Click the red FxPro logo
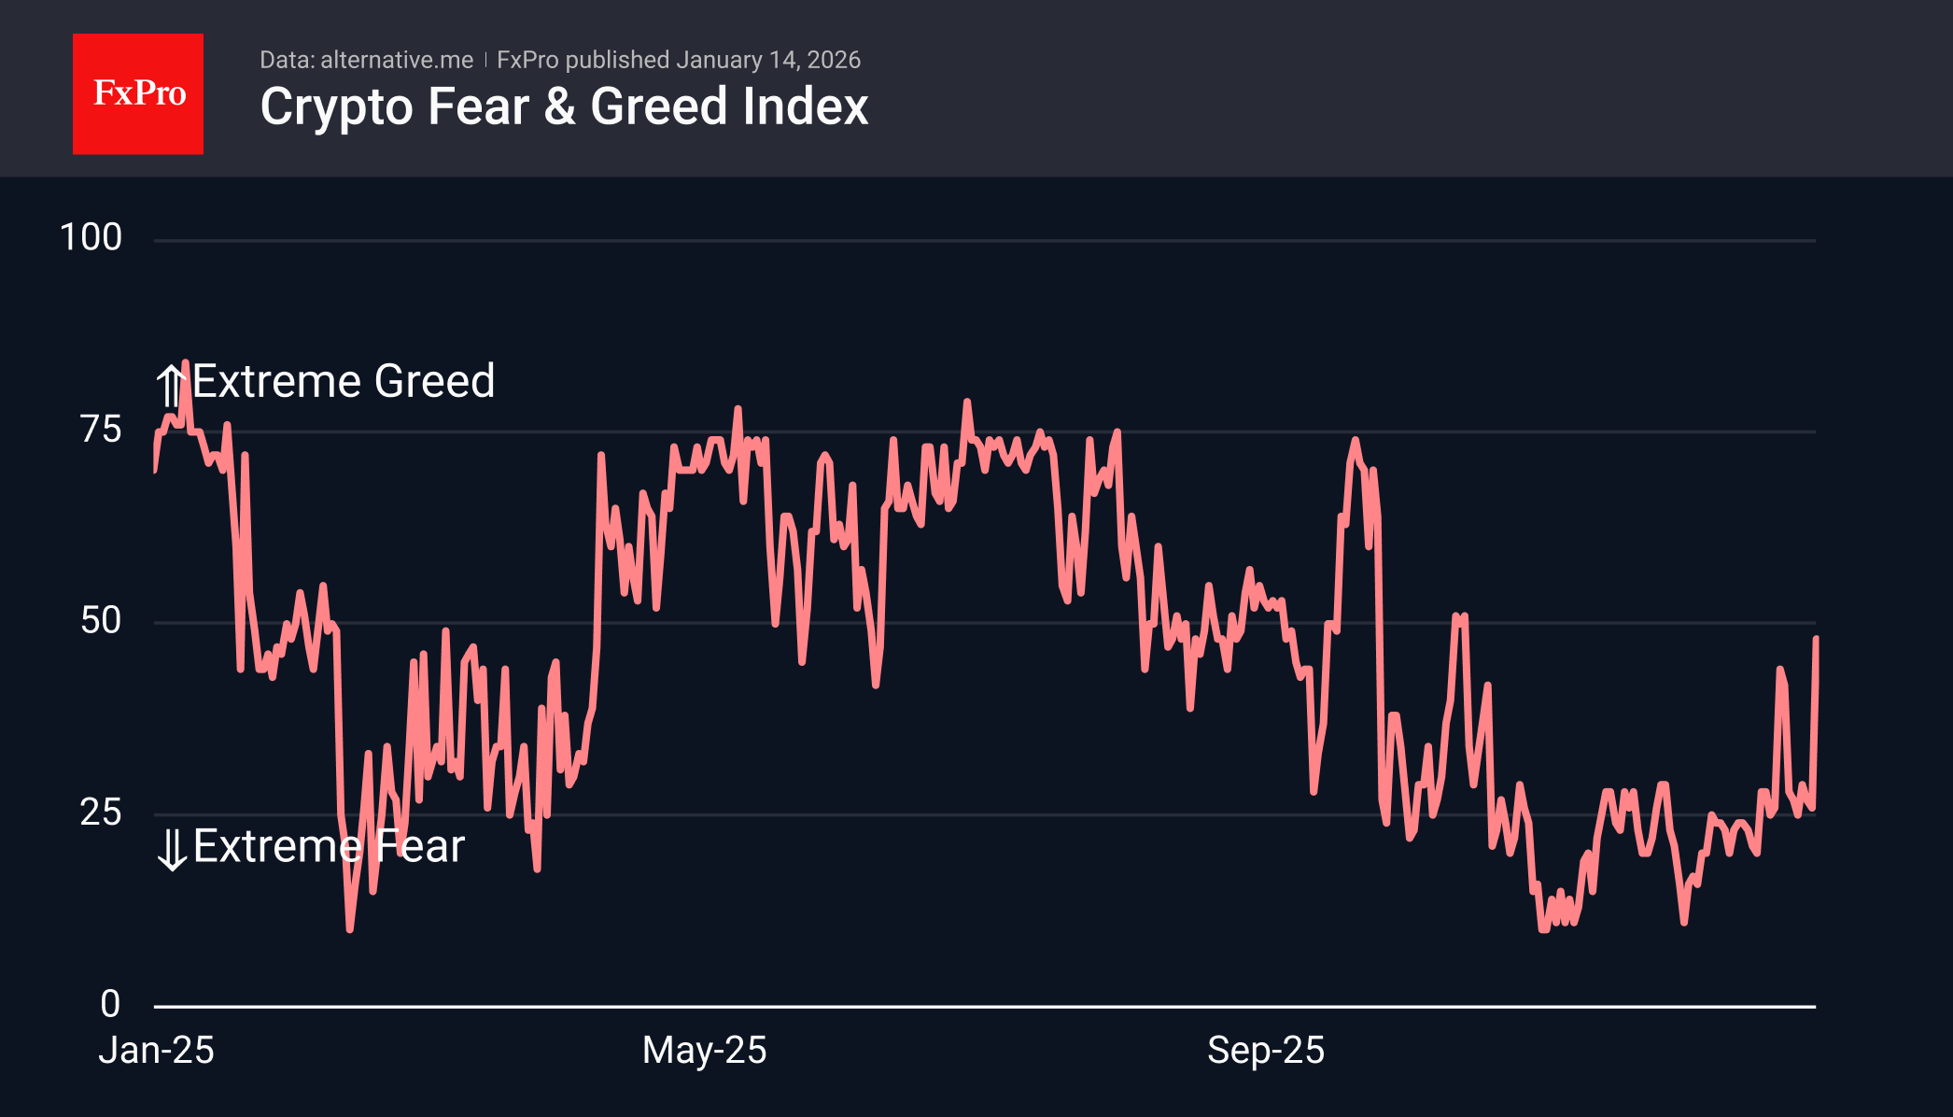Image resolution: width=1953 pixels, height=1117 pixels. coord(138,94)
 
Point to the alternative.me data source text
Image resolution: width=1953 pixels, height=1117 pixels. coord(396,61)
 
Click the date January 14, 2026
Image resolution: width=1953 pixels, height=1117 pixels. coord(768,61)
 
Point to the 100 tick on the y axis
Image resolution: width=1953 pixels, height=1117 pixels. coord(91,238)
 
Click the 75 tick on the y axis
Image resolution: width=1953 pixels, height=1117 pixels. coord(101,430)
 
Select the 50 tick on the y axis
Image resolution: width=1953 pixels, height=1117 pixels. coord(101,621)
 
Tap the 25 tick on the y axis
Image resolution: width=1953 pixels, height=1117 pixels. coord(101,813)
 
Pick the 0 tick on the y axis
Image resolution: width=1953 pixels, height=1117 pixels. coord(110,1004)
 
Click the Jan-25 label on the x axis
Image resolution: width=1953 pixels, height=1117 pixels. coord(157,1051)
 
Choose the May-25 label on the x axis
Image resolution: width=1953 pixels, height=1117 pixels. coord(705,1051)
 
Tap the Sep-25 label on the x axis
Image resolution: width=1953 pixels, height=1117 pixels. coord(1266,1051)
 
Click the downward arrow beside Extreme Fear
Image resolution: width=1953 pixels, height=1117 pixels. coord(172,849)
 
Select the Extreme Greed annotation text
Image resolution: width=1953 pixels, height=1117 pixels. coord(344,381)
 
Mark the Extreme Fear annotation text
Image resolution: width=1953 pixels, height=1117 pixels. coord(329,846)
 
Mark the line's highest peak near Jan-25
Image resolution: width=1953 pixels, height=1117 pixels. coord(185,363)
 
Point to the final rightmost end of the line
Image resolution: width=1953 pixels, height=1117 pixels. coord(1816,638)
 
